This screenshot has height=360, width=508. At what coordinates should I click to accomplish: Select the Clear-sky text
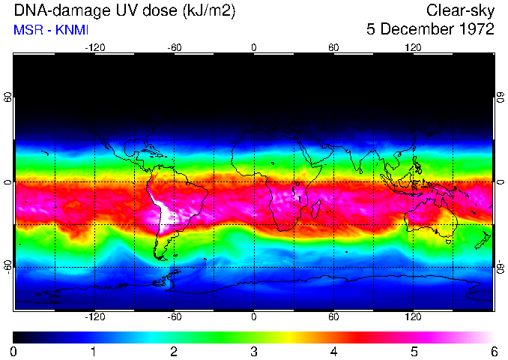click(x=460, y=11)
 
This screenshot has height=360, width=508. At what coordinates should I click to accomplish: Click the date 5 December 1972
click(x=430, y=30)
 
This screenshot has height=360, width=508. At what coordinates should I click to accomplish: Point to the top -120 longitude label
click(x=94, y=47)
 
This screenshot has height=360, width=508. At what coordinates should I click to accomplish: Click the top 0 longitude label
click(x=254, y=47)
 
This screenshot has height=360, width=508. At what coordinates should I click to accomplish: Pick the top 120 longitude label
click(x=413, y=47)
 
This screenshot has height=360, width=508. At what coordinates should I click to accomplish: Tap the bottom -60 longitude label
click(x=175, y=317)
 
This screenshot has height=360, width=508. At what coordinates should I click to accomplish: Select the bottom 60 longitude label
click(x=333, y=317)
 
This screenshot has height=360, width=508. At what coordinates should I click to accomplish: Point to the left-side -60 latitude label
click(x=8, y=267)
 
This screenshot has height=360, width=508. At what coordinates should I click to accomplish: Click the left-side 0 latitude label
click(x=8, y=182)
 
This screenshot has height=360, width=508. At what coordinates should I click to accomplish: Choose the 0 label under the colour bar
click(x=14, y=351)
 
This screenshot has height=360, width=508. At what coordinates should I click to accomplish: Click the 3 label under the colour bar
click(x=254, y=351)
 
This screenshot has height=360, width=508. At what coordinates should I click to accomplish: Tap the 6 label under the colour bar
click(x=493, y=351)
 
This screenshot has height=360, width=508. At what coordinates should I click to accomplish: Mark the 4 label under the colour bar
click(x=333, y=351)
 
